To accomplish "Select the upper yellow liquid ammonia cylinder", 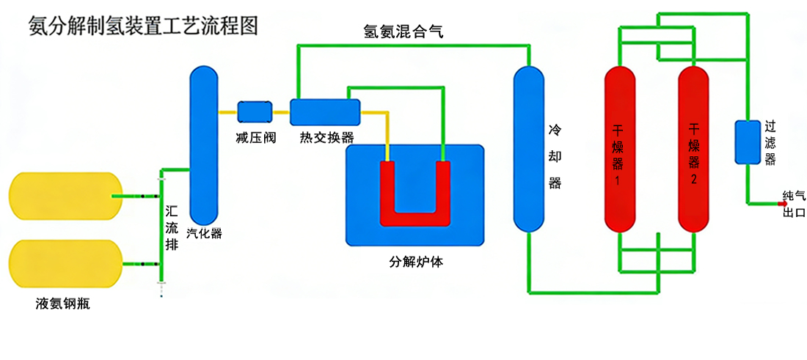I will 65,196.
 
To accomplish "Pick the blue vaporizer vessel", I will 205,143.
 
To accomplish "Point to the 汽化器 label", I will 205,234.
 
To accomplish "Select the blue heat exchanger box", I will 325,112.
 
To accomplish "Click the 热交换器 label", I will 326,137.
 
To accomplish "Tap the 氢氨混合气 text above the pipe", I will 403,32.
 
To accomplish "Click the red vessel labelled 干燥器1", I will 619,149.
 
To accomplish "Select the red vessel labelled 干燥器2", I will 693,149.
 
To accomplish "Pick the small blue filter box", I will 748,142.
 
